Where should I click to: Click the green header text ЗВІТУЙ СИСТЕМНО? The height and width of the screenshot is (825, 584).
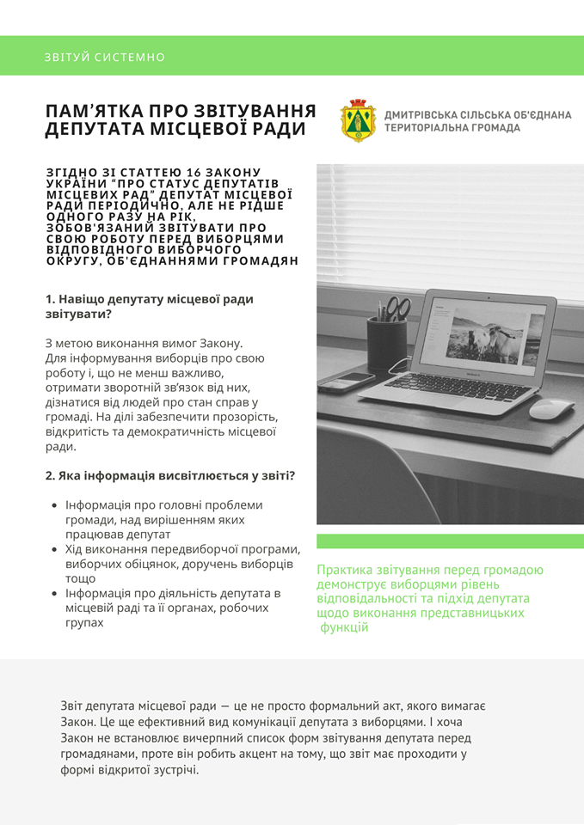[x=105, y=58]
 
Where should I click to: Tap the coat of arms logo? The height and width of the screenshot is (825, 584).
[x=358, y=120]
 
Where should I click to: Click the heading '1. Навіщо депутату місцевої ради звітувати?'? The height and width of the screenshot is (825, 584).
[x=150, y=306]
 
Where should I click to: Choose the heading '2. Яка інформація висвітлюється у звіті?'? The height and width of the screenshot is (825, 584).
[x=170, y=476]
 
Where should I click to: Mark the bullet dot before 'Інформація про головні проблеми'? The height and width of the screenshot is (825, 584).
[x=55, y=505]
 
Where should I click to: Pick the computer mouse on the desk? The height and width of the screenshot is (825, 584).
[x=550, y=408]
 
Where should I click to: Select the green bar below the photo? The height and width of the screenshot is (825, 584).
[x=450, y=541]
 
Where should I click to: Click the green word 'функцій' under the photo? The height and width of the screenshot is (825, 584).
[x=344, y=628]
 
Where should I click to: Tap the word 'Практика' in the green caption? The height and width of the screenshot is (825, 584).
[x=345, y=570]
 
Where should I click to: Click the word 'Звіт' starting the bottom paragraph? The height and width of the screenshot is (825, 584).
[x=74, y=706]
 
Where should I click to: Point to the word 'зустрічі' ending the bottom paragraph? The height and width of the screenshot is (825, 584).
[x=171, y=769]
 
